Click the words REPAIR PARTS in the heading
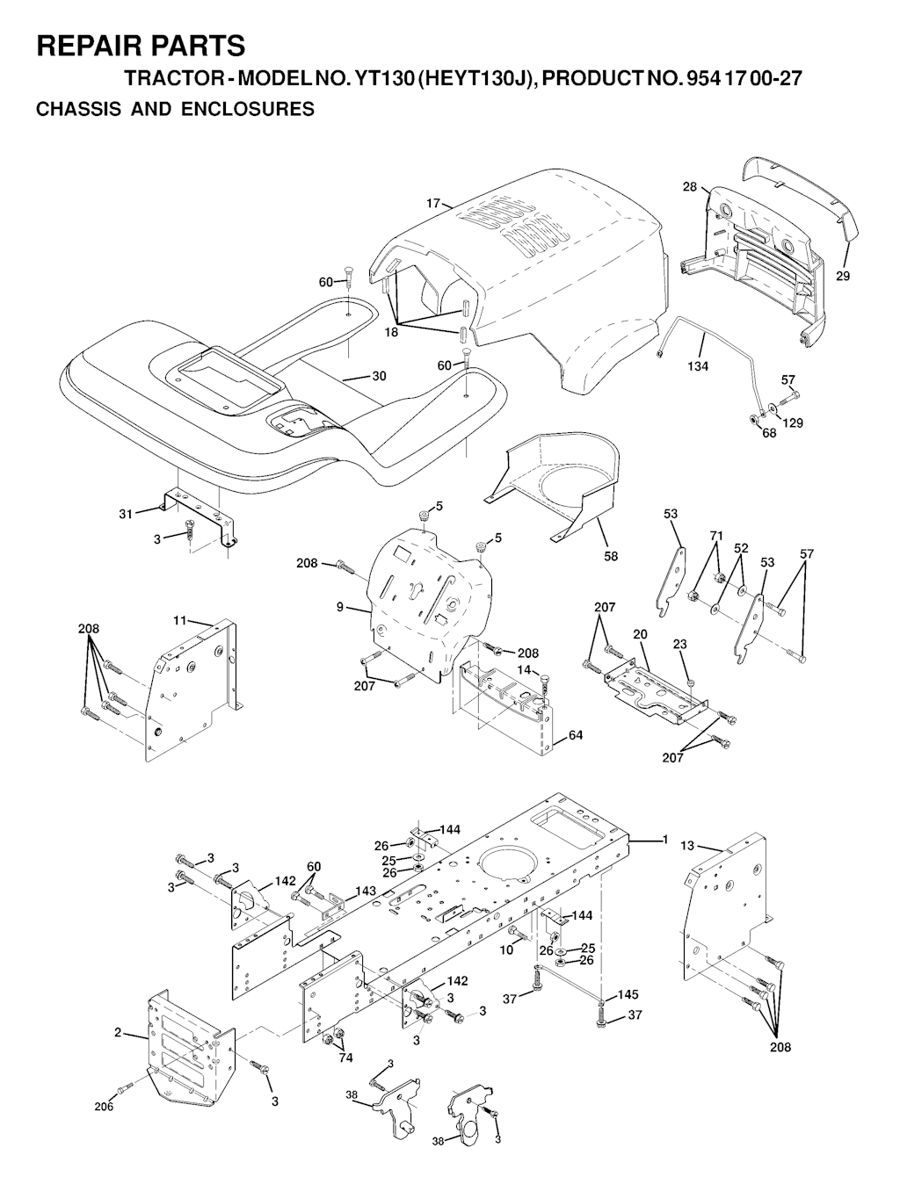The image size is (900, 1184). tap(141, 46)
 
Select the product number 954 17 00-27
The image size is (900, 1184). tap(744, 79)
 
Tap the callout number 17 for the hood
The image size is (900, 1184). tap(433, 204)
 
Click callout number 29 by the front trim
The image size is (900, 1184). tap(843, 276)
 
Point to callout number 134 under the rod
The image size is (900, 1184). tap(698, 366)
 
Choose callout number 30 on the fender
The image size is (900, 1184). tap(380, 376)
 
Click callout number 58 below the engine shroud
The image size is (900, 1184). tap(610, 556)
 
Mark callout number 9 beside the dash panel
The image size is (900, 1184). tap(339, 608)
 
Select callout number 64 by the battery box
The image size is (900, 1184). tap(575, 734)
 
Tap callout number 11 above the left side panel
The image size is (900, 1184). tap(179, 620)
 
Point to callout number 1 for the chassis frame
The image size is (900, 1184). tap(665, 840)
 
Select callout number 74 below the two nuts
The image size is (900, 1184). tap(345, 1058)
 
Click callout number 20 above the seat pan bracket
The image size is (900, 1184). tap(640, 634)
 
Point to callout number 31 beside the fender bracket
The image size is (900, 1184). tap(125, 514)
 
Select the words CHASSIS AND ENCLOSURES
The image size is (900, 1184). tap(175, 109)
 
